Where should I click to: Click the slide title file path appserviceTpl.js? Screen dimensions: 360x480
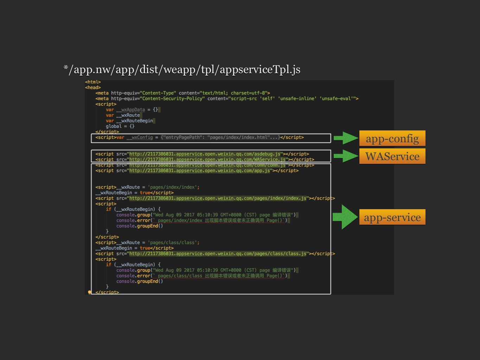point(182,69)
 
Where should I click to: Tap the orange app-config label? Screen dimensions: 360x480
point(392,138)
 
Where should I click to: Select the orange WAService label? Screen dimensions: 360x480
point(392,156)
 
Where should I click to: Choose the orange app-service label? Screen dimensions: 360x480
point(392,217)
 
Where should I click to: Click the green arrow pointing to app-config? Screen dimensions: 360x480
point(346,138)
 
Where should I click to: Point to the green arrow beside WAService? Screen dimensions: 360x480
point(346,156)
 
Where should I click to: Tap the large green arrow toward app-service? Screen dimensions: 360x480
point(345,217)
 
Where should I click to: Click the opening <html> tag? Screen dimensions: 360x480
point(93,82)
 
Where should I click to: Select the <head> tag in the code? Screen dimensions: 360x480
point(93,88)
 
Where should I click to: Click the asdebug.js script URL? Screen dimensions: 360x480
point(205,154)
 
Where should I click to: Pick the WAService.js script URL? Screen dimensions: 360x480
point(207,160)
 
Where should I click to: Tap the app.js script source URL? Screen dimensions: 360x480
point(200,171)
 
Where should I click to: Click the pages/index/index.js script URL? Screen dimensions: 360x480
point(218,198)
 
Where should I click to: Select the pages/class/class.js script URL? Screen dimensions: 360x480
point(218,253)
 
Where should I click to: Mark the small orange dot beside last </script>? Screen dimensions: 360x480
point(89,292)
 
